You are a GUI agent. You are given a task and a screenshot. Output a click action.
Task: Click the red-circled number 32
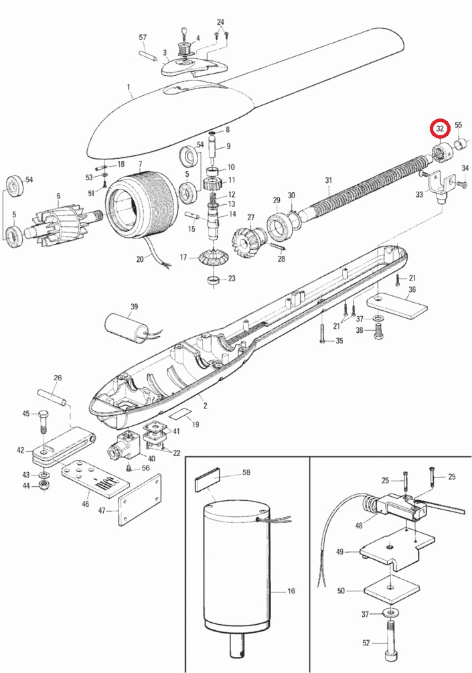[x=440, y=128]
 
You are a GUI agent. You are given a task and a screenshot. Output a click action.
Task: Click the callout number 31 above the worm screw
[x=328, y=180]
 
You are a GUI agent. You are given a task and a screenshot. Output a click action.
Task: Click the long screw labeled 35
[x=322, y=331]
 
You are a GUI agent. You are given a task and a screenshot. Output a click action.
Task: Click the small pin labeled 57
[x=147, y=54]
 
